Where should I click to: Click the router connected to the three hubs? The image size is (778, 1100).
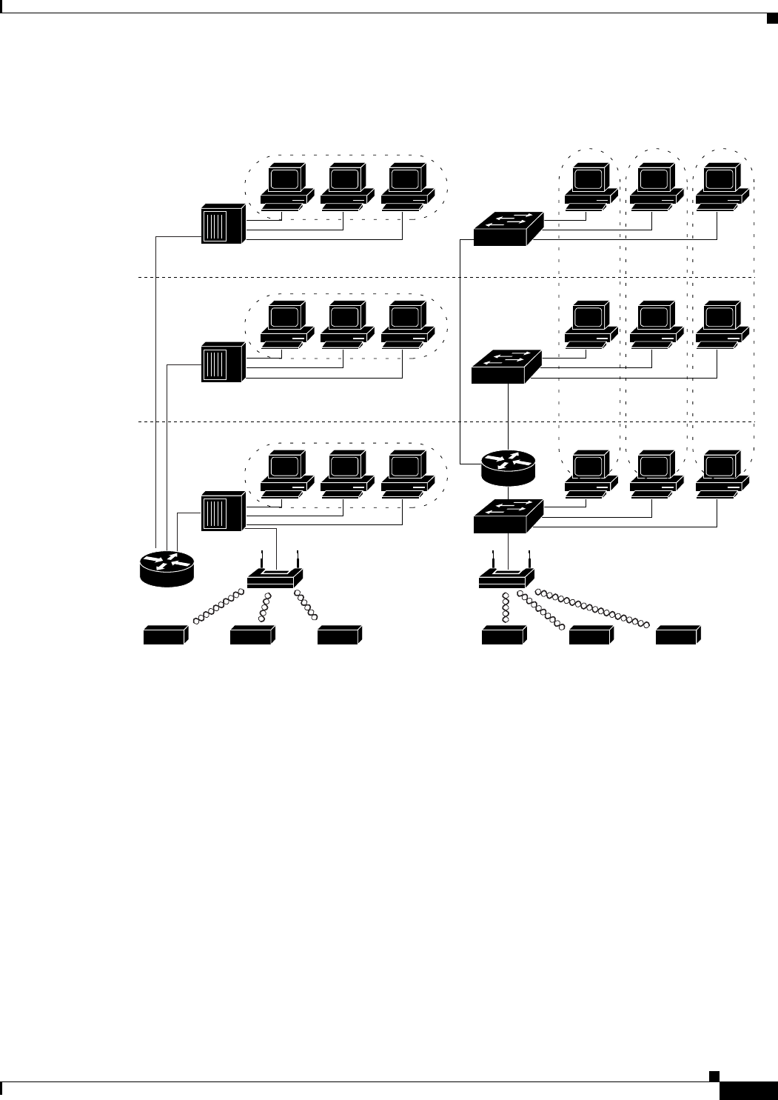pos(167,568)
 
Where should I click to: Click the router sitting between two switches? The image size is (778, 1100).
pos(508,467)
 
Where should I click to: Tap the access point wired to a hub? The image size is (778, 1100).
pos(275,577)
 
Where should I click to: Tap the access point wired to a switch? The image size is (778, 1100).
pos(507,577)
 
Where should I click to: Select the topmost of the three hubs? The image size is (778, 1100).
pos(223,224)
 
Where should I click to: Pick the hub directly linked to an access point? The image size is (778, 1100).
pos(223,512)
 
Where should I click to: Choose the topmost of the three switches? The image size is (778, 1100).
pos(508,229)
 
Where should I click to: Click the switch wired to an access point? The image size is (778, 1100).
pos(508,516)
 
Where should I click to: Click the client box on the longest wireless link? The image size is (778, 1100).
pos(677,635)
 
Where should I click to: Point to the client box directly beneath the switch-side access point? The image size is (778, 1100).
pos(503,635)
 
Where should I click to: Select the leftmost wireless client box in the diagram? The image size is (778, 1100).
pos(164,635)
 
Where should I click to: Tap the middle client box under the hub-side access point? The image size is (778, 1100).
pos(252,635)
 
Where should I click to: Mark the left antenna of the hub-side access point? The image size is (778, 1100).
pos(262,559)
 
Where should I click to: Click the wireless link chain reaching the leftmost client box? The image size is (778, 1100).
pos(219,605)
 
